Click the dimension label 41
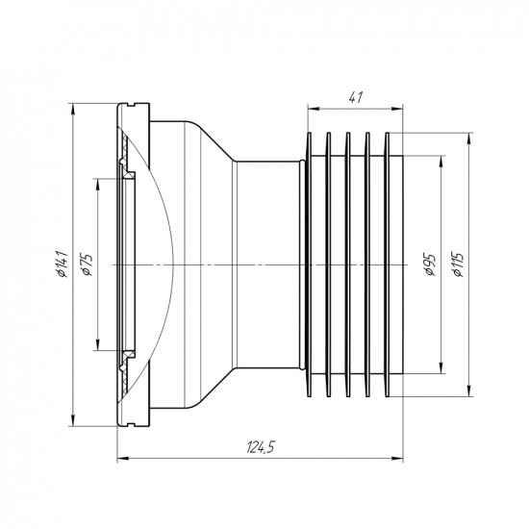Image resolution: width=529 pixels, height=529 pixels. point(355,97)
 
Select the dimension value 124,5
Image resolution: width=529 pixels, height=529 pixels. point(261,447)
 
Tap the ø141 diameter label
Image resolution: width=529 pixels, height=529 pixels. point(63,264)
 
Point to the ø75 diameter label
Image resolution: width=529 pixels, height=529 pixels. point(88,264)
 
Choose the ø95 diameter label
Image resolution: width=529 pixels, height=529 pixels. point(431,264)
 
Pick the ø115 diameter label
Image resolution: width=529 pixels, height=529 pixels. point(459,264)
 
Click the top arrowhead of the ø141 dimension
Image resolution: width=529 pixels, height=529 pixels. point(72,109)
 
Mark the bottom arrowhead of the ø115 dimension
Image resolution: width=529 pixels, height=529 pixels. point(468,391)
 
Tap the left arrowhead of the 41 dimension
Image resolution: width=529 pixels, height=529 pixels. point(313,109)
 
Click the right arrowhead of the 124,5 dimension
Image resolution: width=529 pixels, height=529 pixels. point(398,458)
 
